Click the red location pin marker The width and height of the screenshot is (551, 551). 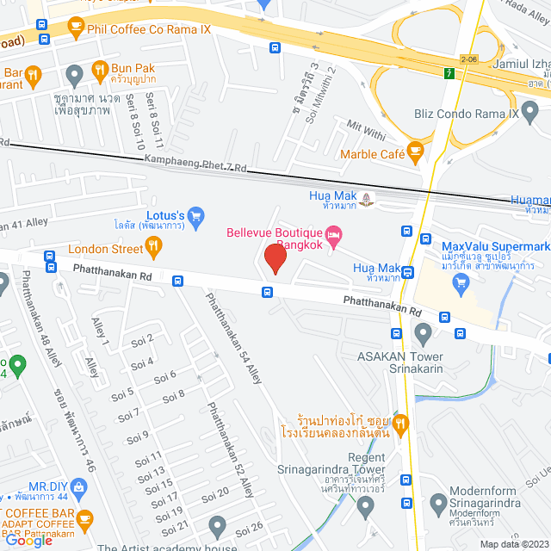(x=275, y=258)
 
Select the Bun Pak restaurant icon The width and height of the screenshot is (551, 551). (x=100, y=71)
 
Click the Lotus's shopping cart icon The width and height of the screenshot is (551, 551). (x=195, y=214)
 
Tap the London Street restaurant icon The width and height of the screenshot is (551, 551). (x=154, y=249)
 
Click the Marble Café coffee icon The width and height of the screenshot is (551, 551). (x=416, y=154)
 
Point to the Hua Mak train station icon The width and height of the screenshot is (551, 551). (x=368, y=196)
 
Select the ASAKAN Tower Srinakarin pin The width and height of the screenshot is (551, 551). (x=423, y=332)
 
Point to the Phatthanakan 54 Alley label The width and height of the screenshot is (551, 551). (x=232, y=338)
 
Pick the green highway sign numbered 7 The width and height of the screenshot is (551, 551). (x=449, y=72)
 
